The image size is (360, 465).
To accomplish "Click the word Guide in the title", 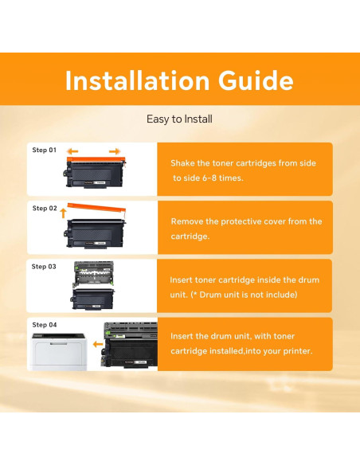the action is click(256, 80).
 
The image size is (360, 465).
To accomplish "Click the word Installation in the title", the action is click(138, 80).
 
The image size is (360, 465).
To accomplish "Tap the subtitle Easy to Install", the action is click(179, 119).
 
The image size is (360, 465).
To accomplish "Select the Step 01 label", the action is click(44, 150).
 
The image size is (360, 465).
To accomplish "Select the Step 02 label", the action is click(45, 208).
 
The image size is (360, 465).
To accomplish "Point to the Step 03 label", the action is click(44, 267).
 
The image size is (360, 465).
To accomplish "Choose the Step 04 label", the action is click(44, 325).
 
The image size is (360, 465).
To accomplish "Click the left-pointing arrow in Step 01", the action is click(72, 151).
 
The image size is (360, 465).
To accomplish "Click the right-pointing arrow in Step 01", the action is click(115, 151).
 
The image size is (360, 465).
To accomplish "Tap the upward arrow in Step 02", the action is click(63, 213).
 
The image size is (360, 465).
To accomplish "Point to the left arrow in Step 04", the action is click(98, 344).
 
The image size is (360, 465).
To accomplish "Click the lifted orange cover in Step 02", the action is click(96, 208).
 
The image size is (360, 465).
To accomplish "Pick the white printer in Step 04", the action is click(59, 352).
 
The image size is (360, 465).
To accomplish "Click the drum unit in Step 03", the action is click(93, 275).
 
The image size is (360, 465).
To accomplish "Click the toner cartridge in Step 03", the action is click(92, 299).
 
